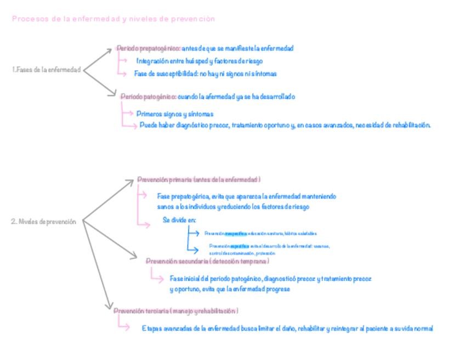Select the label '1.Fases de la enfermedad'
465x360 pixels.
point(46,70)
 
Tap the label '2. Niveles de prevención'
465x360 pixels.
point(43,222)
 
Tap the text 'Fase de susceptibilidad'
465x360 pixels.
point(165,74)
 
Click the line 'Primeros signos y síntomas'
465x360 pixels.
point(174,114)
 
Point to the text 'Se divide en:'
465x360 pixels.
point(179,220)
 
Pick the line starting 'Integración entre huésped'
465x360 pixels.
point(200,61)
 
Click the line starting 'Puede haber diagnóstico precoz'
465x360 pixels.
point(285,125)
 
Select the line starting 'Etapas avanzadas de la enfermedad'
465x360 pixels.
point(287,329)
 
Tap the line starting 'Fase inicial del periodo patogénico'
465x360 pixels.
point(270,279)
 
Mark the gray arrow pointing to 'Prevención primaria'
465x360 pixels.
point(110,200)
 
